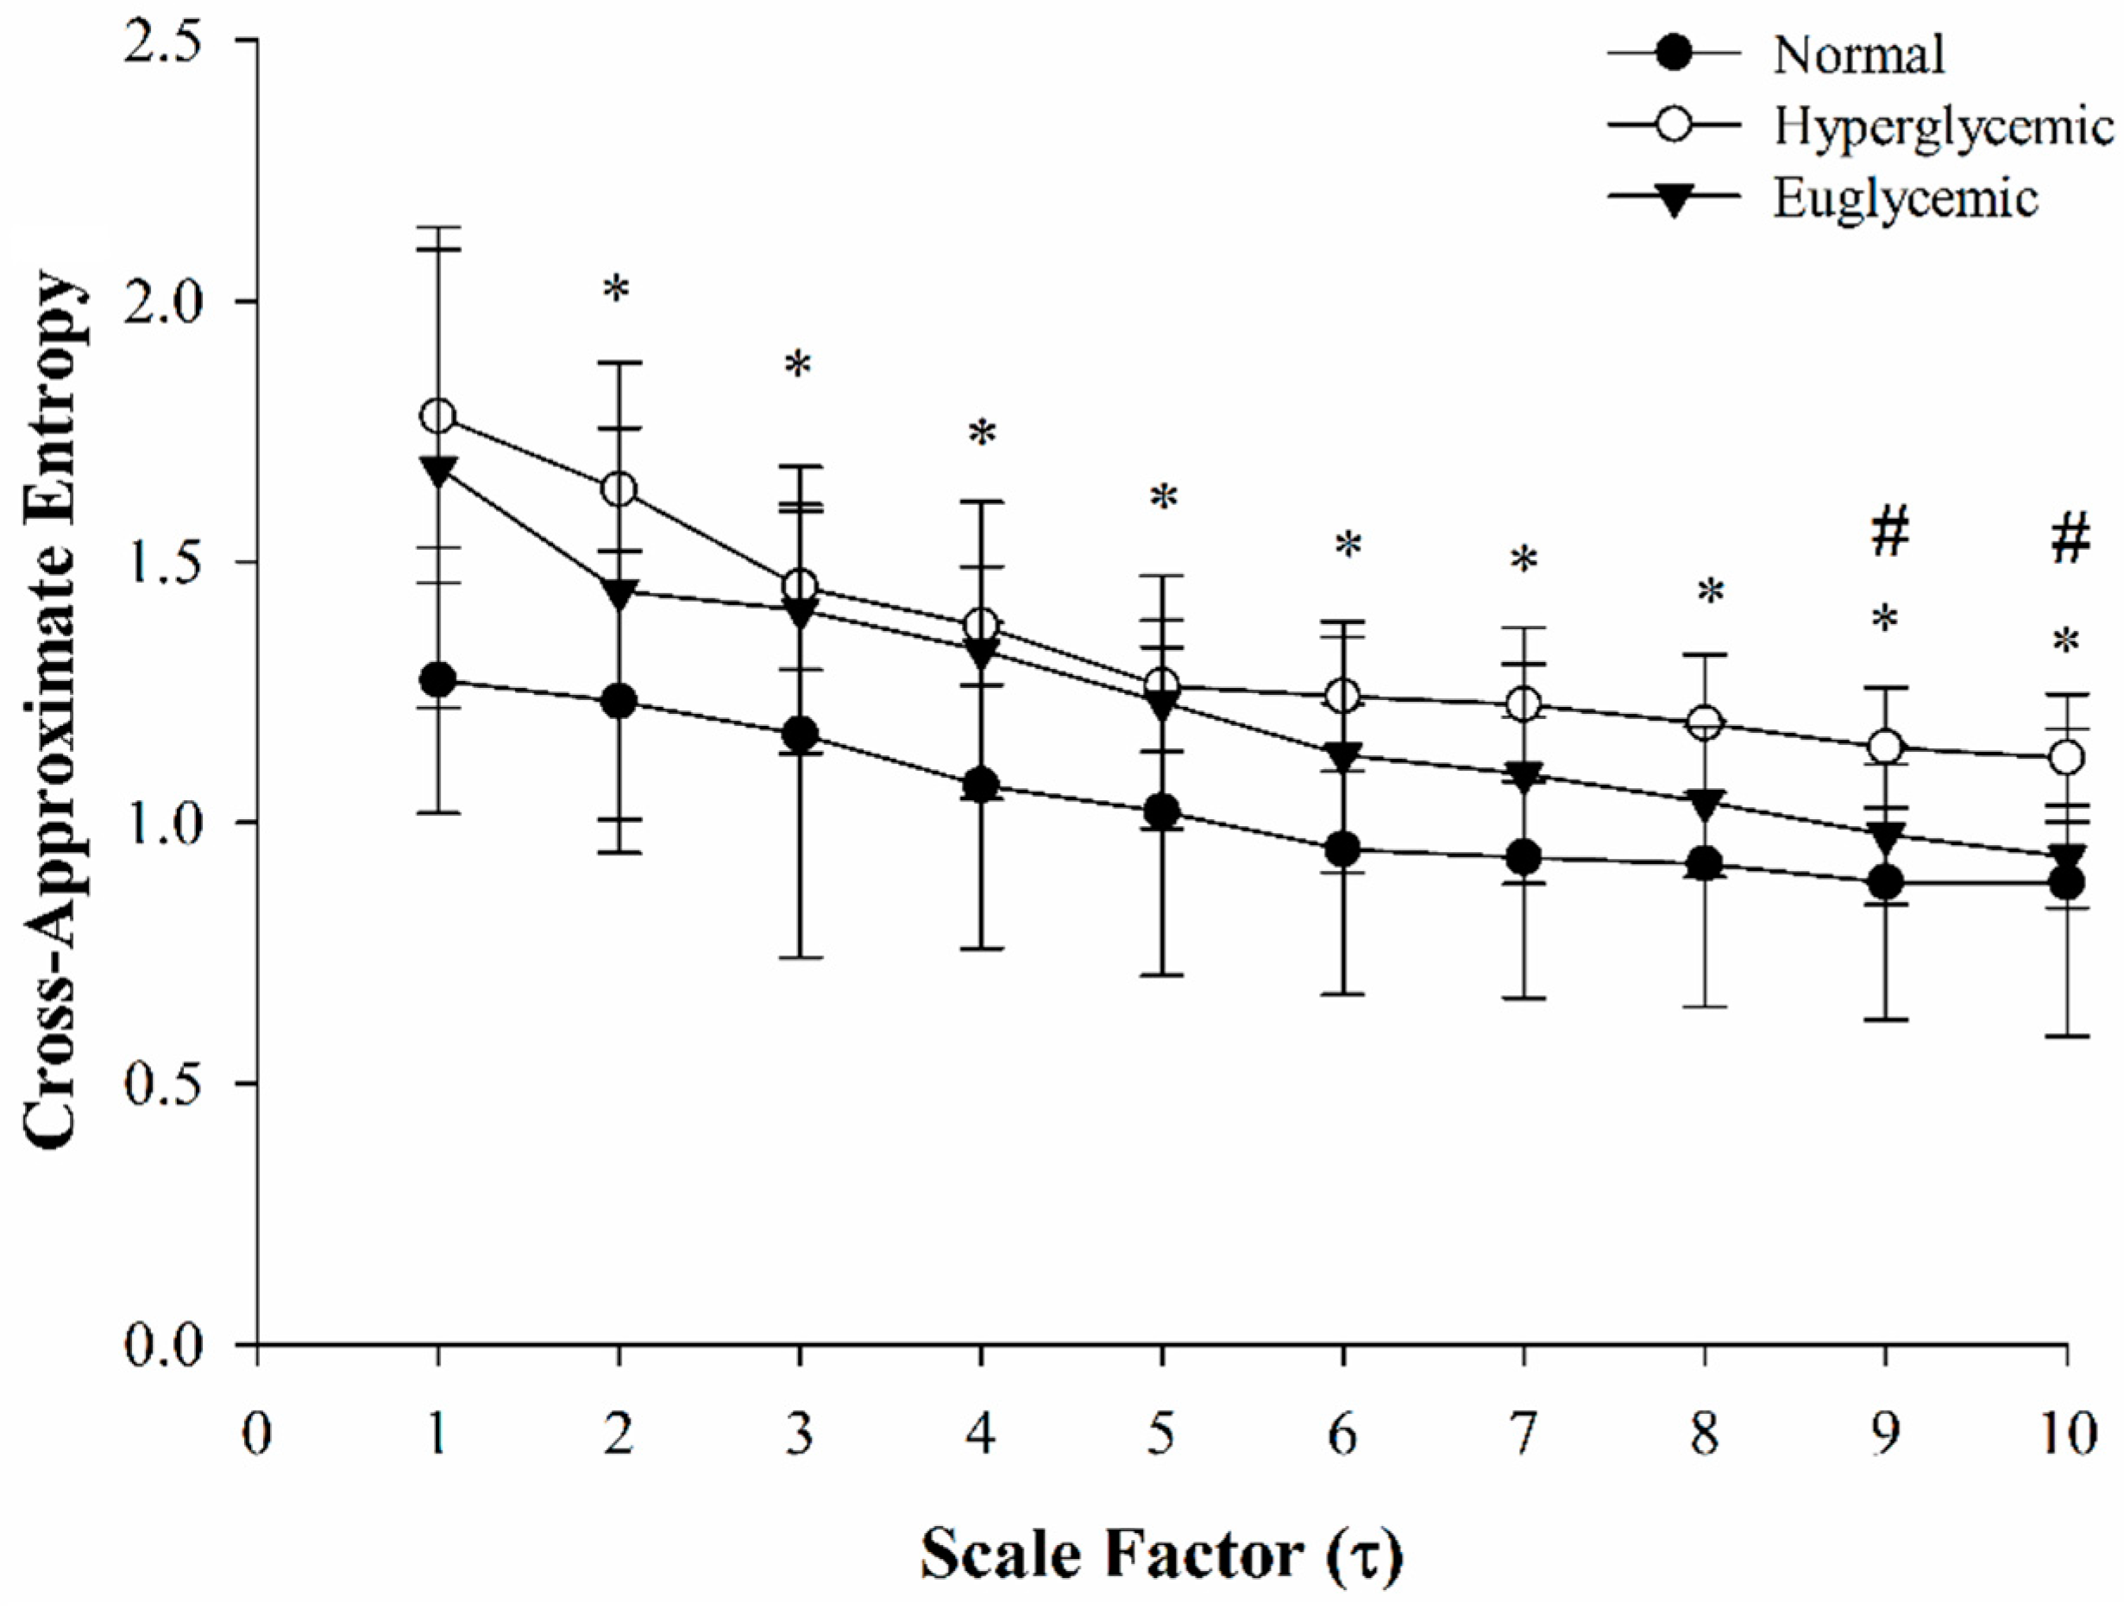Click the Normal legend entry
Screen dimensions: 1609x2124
pos(1858,56)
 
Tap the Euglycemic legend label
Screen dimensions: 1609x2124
pos(1904,199)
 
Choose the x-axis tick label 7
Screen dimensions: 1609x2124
pos(1524,1438)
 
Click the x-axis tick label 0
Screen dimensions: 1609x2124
pos(256,1438)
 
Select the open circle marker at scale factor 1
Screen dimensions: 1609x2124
pos(439,416)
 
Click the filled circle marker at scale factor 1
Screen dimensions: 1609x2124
pos(439,680)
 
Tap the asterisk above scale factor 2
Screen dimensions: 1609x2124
pos(617,290)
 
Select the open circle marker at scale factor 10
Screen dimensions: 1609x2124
pos(2066,757)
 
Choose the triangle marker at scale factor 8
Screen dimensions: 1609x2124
pos(1706,803)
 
